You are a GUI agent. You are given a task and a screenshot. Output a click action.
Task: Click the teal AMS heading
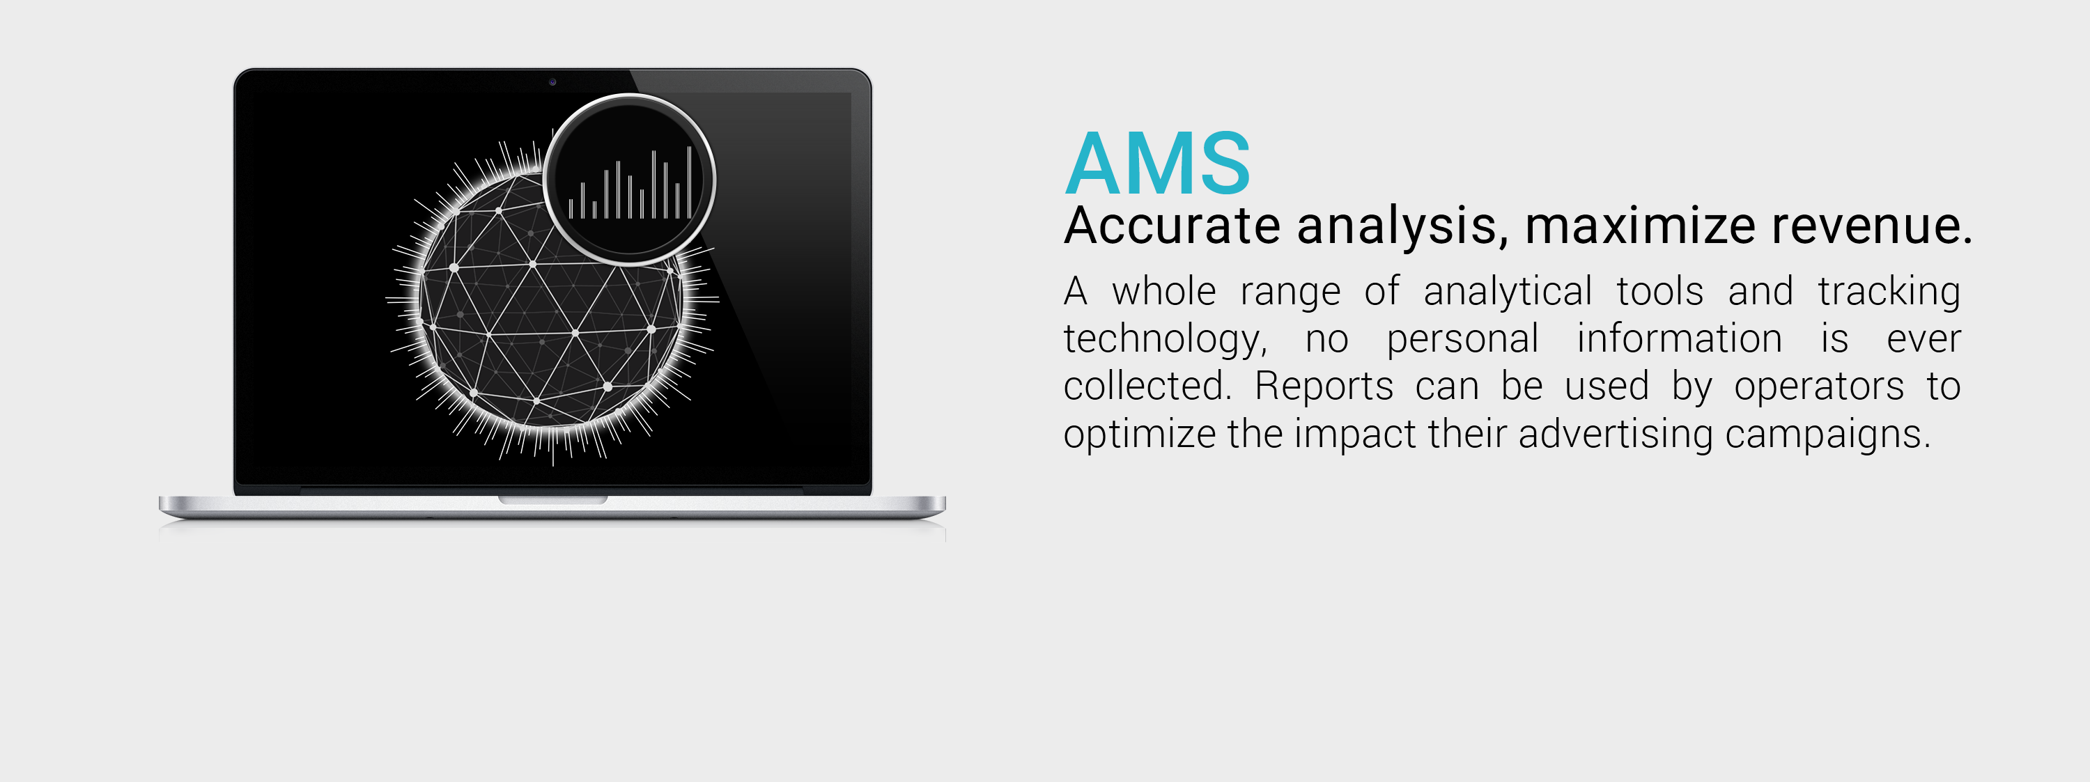click(x=1157, y=164)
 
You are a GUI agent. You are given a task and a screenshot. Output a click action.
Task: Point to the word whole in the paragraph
click(x=1163, y=291)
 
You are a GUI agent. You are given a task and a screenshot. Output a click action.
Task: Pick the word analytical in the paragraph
click(x=1508, y=291)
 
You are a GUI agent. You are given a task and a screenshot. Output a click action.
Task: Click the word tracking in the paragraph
click(x=1889, y=291)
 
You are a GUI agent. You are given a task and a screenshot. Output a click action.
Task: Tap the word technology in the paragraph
click(x=1163, y=339)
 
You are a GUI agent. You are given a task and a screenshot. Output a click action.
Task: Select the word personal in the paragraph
click(x=1462, y=339)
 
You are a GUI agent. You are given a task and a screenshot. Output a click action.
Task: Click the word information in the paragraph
click(x=1679, y=338)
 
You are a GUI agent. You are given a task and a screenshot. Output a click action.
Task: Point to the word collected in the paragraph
click(x=1145, y=386)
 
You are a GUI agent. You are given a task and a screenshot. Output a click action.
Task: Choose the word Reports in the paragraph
click(x=1323, y=386)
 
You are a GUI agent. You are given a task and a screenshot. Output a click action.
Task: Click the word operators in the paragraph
click(x=1818, y=387)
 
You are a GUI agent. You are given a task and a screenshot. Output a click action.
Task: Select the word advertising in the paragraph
click(x=1616, y=434)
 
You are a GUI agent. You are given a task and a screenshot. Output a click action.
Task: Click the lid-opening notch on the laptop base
click(x=552, y=501)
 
